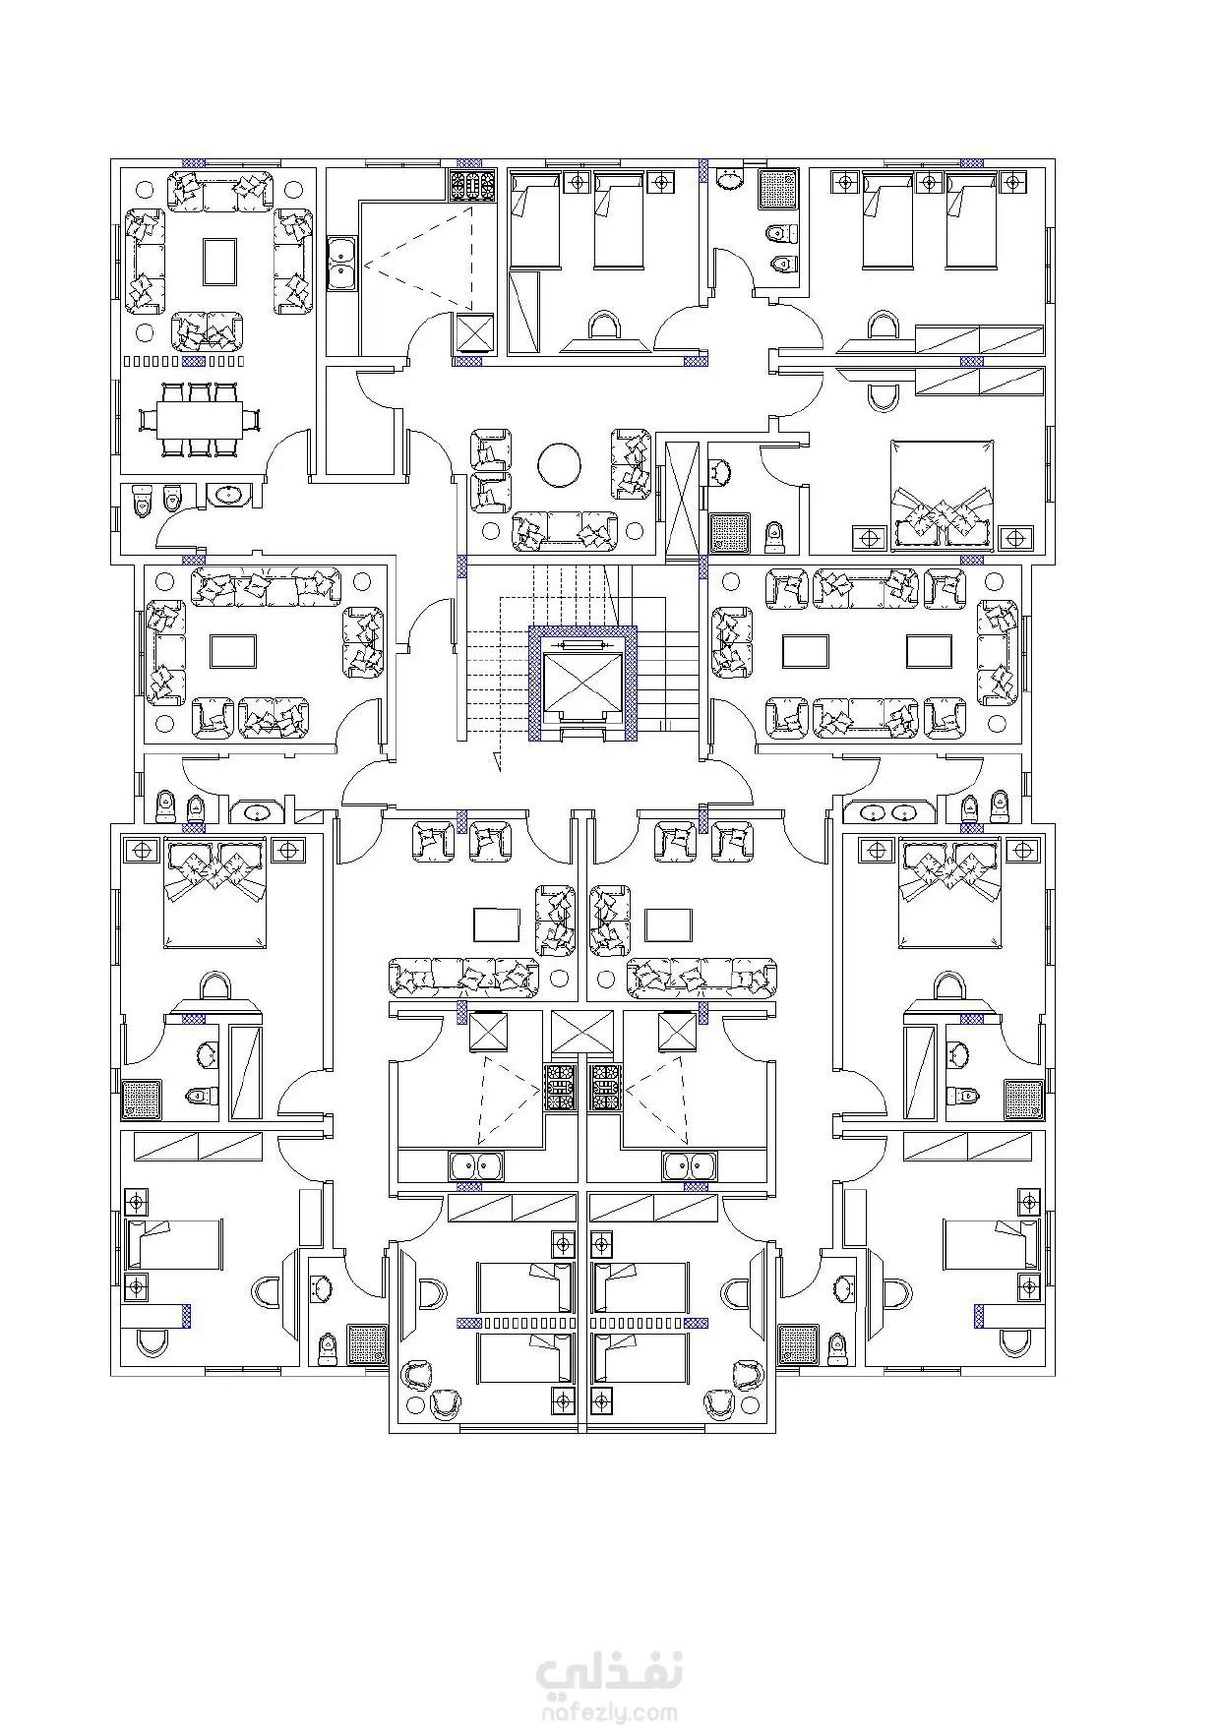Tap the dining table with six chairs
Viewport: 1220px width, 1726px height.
pyautogui.click(x=201, y=420)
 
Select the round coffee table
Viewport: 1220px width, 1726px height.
pyautogui.click(x=561, y=465)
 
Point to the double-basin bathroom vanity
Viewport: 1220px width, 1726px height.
pyautogui.click(x=888, y=812)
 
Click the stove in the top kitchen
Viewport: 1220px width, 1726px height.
pyautogui.click(x=470, y=186)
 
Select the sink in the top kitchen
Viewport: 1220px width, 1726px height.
pyautogui.click(x=340, y=265)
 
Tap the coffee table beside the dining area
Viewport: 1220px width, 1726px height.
pyautogui.click(x=220, y=263)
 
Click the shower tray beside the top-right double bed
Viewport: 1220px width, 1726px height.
pyautogui.click(x=729, y=531)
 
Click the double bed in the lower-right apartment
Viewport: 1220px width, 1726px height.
pyautogui.click(x=949, y=892)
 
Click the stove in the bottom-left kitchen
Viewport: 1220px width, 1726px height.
pyautogui.click(x=559, y=1089)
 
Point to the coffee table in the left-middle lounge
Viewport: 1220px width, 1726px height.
pyautogui.click(x=233, y=652)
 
